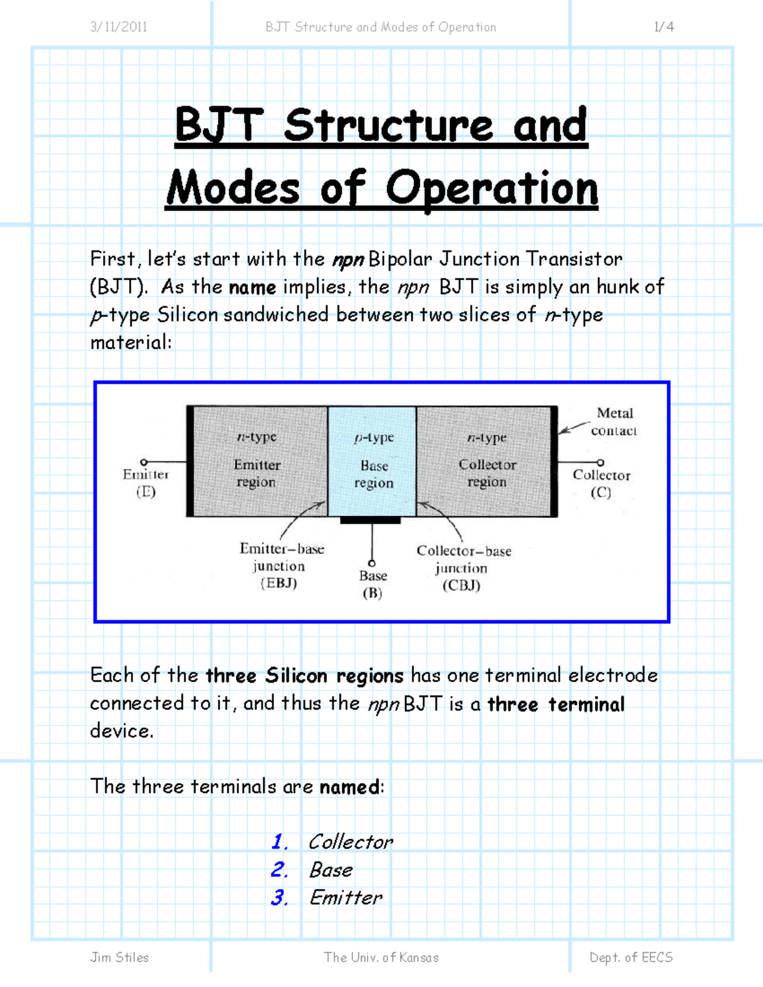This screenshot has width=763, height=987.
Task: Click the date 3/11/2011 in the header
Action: [119, 27]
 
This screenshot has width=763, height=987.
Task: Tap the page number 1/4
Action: [664, 27]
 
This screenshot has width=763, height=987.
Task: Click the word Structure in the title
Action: [388, 125]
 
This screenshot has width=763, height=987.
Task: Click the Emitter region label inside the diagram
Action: [256, 473]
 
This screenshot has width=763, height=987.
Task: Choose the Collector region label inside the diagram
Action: [487, 473]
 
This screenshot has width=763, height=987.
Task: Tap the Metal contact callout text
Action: [614, 422]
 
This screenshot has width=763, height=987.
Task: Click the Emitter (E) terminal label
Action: [146, 483]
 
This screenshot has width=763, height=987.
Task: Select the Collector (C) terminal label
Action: [601, 484]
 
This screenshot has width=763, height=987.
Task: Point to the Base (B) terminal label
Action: [373, 584]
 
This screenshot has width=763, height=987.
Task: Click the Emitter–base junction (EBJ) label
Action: [280, 566]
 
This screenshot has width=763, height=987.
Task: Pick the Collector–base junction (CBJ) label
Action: [463, 568]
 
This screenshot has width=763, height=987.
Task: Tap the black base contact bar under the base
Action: [371, 521]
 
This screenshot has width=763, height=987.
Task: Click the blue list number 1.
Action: [278, 842]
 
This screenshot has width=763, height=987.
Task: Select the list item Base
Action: [331, 870]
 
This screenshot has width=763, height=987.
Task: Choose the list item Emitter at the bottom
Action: [346, 897]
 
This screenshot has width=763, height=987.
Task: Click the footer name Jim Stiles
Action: [120, 957]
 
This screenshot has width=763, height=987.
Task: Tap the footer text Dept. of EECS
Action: [631, 957]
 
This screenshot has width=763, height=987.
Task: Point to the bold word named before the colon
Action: [349, 787]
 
